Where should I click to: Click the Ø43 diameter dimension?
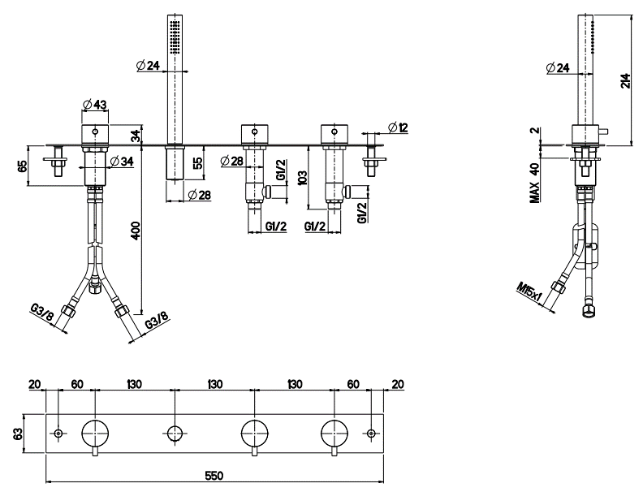95,105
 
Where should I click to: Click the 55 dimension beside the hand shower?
198,162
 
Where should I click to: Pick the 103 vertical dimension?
302,176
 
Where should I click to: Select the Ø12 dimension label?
397,127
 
